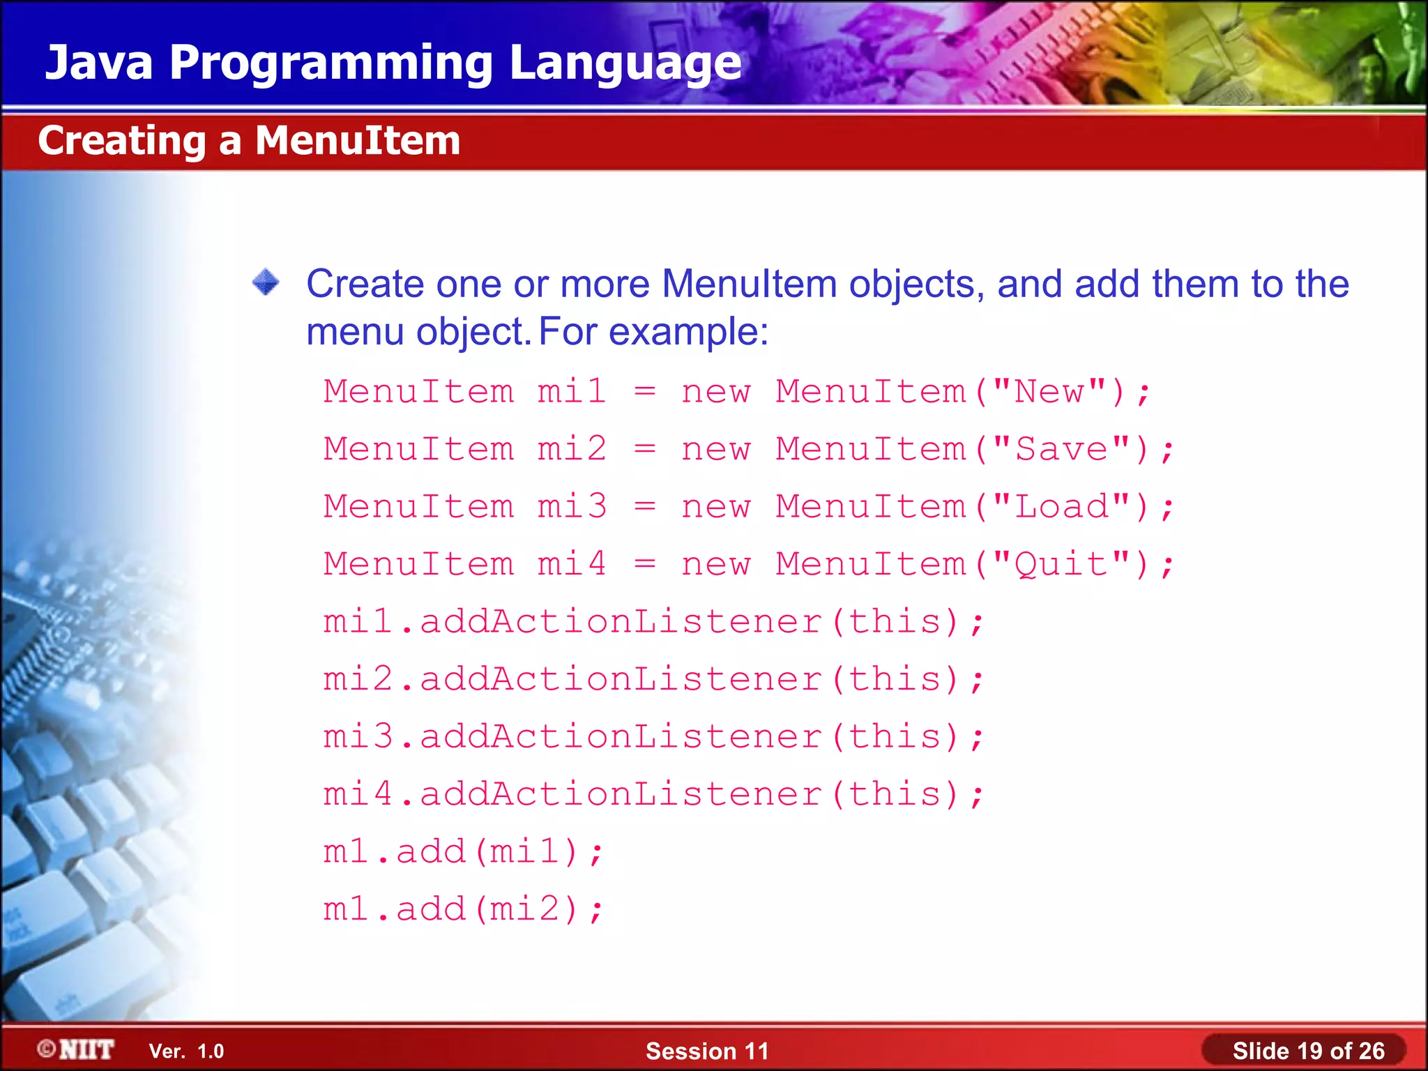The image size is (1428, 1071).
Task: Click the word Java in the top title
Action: pyautogui.click(x=99, y=63)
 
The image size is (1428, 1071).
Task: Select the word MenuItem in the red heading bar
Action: pyautogui.click(x=358, y=141)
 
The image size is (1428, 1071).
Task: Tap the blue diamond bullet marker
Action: pyautogui.click(x=266, y=282)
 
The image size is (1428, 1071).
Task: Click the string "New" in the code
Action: pyautogui.click(x=1049, y=391)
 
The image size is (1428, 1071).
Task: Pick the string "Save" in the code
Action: pyautogui.click(x=1061, y=449)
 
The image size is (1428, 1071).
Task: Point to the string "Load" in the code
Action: pyautogui.click(x=1061, y=507)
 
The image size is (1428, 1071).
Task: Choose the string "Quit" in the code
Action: pyautogui.click(x=1061, y=564)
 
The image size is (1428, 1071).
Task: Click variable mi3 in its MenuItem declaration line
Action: pyautogui.click(x=572, y=507)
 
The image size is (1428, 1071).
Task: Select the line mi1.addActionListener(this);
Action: pyautogui.click(x=653, y=621)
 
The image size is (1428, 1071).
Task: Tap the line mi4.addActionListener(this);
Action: pyautogui.click(x=653, y=794)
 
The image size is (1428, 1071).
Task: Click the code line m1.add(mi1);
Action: pyautogui.click(x=463, y=852)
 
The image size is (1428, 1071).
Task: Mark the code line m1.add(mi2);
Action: pyautogui.click(x=463, y=909)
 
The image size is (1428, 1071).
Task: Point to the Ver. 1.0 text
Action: pyautogui.click(x=186, y=1051)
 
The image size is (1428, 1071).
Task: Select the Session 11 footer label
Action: pyautogui.click(x=707, y=1051)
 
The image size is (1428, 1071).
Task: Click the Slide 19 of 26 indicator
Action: pyautogui.click(x=1308, y=1051)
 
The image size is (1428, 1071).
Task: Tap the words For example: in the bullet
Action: pyautogui.click(x=653, y=331)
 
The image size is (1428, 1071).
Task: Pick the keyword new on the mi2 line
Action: pyautogui.click(x=716, y=449)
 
